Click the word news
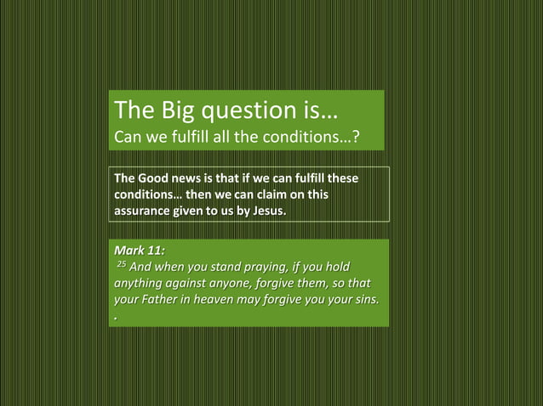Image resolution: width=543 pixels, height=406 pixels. pyautogui.click(x=191, y=179)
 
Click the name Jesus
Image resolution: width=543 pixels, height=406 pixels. pyautogui.click(x=266, y=210)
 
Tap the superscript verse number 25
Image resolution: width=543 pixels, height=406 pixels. pyautogui.click(x=120, y=266)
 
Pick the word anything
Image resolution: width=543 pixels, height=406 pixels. pyautogui.click(x=141, y=285)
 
